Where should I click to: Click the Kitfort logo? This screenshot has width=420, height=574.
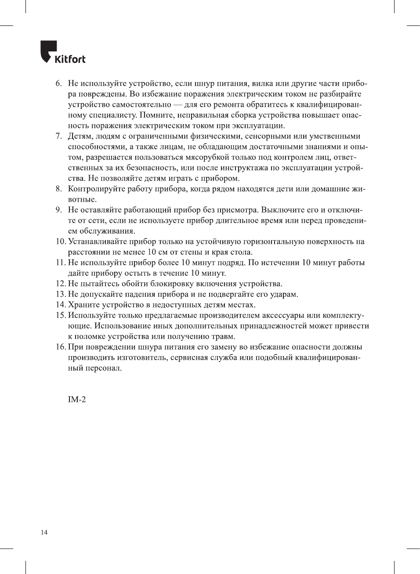pyautogui.click(x=63, y=53)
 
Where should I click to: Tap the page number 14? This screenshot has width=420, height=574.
pyautogui.click(x=44, y=533)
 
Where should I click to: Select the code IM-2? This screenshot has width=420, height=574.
pyautogui.click(x=77, y=399)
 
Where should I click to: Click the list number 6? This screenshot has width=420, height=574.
pyautogui.click(x=58, y=83)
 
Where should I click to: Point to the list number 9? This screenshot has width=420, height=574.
pyautogui.click(x=58, y=210)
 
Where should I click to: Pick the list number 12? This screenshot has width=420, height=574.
pyautogui.click(x=61, y=284)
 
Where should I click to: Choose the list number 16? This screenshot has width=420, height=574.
pyautogui.click(x=61, y=347)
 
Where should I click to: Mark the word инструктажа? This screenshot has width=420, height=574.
pyautogui.click(x=245, y=168)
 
